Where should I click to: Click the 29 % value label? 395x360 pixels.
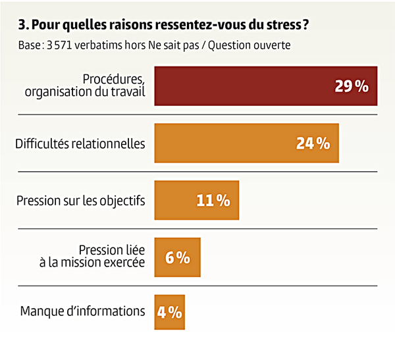pyautogui.click(x=351, y=86)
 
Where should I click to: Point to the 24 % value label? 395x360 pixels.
pyautogui.click(x=313, y=143)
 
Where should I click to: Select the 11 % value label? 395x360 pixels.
pyautogui.click(x=213, y=200)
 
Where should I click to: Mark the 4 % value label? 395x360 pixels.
pyautogui.click(x=169, y=311)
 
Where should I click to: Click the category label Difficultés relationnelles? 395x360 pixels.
pyautogui.click(x=80, y=143)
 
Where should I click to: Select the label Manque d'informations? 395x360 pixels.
pyautogui.click(x=82, y=311)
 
